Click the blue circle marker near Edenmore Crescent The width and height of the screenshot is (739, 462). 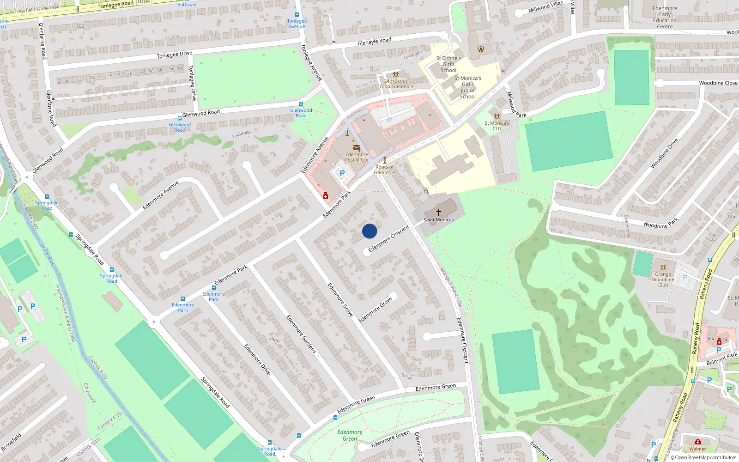(x=369, y=231)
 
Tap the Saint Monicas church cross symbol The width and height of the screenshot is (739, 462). (x=439, y=212)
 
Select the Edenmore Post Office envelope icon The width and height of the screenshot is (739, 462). (x=356, y=147)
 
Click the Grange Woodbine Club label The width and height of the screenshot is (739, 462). (x=663, y=280)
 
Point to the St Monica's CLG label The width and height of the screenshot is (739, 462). (x=497, y=126)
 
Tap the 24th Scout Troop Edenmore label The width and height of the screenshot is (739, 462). (x=396, y=84)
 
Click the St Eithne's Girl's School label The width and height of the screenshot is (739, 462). (x=448, y=64)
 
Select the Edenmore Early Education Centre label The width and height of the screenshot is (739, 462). (x=665, y=18)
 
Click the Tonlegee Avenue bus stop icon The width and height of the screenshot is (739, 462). (x=297, y=15)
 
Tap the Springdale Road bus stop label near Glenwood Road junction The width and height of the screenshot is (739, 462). (x=47, y=205)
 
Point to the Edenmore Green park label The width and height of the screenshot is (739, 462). (x=350, y=435)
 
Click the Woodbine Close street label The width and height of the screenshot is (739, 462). (x=718, y=83)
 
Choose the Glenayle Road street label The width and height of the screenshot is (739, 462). (x=374, y=42)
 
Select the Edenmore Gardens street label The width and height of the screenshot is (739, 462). (x=301, y=334)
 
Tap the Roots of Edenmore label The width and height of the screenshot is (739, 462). (x=384, y=170)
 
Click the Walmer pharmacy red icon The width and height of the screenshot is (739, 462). (x=697, y=442)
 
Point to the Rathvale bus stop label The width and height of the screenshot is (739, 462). (x=187, y=5)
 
